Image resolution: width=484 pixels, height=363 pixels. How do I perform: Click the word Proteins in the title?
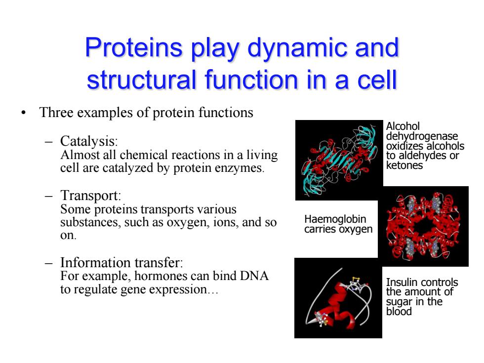coord(134,47)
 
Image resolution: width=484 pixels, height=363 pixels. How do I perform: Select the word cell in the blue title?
coord(377,80)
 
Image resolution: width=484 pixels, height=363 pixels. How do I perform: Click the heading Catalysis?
coord(89,141)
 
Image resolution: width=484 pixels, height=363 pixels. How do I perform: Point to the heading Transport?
coord(91,196)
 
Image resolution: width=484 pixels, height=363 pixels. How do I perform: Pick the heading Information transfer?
coord(121,262)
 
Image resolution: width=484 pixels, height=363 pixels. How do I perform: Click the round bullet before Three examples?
coord(24,113)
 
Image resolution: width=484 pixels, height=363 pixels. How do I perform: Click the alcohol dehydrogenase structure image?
coord(339,160)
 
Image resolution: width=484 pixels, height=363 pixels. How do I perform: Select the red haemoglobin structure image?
coord(423,226)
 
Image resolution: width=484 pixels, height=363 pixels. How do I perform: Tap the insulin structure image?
coord(338,298)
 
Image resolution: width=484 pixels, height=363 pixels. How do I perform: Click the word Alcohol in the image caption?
coord(403,126)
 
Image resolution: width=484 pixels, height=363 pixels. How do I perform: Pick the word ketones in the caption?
coord(404,165)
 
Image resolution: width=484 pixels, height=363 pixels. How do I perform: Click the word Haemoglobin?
coord(335,219)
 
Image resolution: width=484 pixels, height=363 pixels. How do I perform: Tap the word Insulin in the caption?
coord(400,282)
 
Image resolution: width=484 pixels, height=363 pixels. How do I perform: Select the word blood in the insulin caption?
coord(399,312)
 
